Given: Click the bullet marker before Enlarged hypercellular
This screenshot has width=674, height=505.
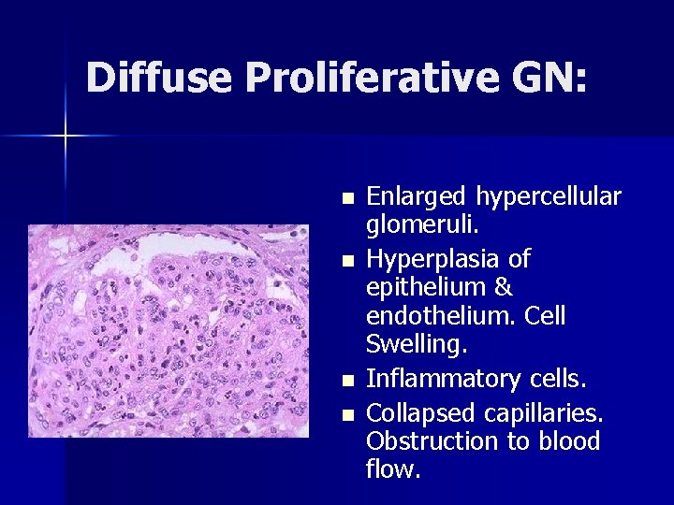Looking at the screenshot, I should click(347, 198).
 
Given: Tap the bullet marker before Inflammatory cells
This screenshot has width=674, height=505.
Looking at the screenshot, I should click(347, 381).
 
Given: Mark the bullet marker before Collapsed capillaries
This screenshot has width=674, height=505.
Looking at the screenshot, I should click(347, 411).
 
